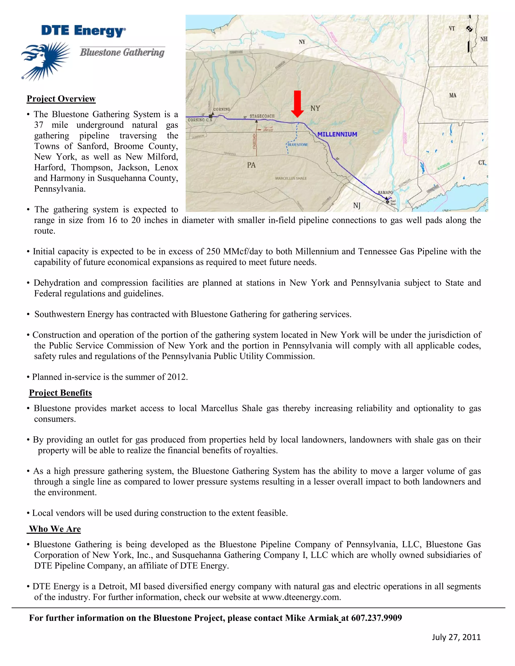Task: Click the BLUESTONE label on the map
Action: tap(298, 145)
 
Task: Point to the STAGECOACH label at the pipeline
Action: tap(262, 116)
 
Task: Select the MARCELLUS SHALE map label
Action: tap(291, 178)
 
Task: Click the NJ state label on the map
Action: tap(357, 206)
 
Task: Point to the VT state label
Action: tap(452, 28)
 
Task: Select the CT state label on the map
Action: tap(482, 163)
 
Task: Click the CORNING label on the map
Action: tap(222, 109)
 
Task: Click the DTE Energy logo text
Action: tap(83, 31)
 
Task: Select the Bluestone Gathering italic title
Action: tap(122, 53)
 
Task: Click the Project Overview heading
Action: tap(61, 99)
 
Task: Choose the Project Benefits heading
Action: tap(60, 393)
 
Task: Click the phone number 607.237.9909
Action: tap(376, 618)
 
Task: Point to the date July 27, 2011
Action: tap(456, 637)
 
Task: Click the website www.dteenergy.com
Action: tap(301, 597)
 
